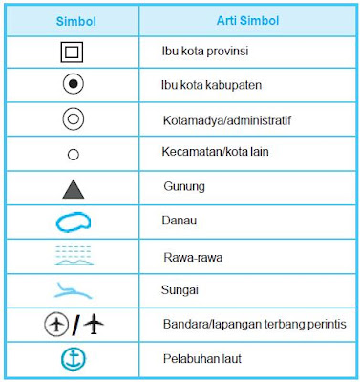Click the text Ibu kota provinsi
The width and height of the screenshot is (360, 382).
click(201, 50)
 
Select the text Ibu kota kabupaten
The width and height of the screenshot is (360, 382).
click(204, 85)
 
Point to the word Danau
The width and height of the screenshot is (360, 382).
click(178, 222)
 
